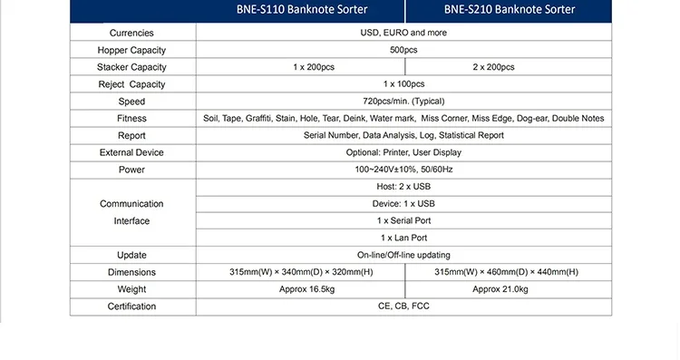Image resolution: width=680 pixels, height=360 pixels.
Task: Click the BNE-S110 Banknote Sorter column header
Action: pos(302,10)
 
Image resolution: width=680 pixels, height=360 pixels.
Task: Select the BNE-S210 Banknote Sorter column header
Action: pos(510,10)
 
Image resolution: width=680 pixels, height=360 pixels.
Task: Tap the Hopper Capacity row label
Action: pos(131,50)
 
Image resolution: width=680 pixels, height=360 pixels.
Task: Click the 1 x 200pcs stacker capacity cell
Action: pos(314,67)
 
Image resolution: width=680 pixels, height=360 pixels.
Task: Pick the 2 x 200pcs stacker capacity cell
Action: pos(493,67)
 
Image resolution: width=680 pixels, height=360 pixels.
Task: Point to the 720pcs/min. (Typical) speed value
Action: pos(403,102)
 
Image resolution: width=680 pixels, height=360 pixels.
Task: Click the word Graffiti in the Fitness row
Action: pos(258,119)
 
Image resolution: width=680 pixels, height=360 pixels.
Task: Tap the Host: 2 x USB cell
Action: pos(403,187)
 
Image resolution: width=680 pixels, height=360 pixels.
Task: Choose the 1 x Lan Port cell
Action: pos(403,238)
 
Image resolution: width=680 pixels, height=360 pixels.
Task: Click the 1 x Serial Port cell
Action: pos(403,220)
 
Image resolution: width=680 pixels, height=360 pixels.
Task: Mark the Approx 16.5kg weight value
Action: pos(307,289)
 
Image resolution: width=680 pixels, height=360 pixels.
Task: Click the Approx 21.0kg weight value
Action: pos(500,289)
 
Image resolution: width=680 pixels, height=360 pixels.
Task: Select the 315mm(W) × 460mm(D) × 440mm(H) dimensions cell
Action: pos(507,272)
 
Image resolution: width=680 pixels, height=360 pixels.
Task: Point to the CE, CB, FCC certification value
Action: pos(403,306)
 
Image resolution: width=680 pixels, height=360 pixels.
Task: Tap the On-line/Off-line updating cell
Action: pos(403,255)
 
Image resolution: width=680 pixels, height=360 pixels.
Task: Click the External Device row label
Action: pos(131,152)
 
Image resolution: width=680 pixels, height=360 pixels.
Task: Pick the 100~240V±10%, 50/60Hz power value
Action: pos(403,170)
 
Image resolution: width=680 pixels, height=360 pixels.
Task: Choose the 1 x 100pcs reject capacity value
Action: pos(403,84)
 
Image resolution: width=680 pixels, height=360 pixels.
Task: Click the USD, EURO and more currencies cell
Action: pos(403,33)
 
